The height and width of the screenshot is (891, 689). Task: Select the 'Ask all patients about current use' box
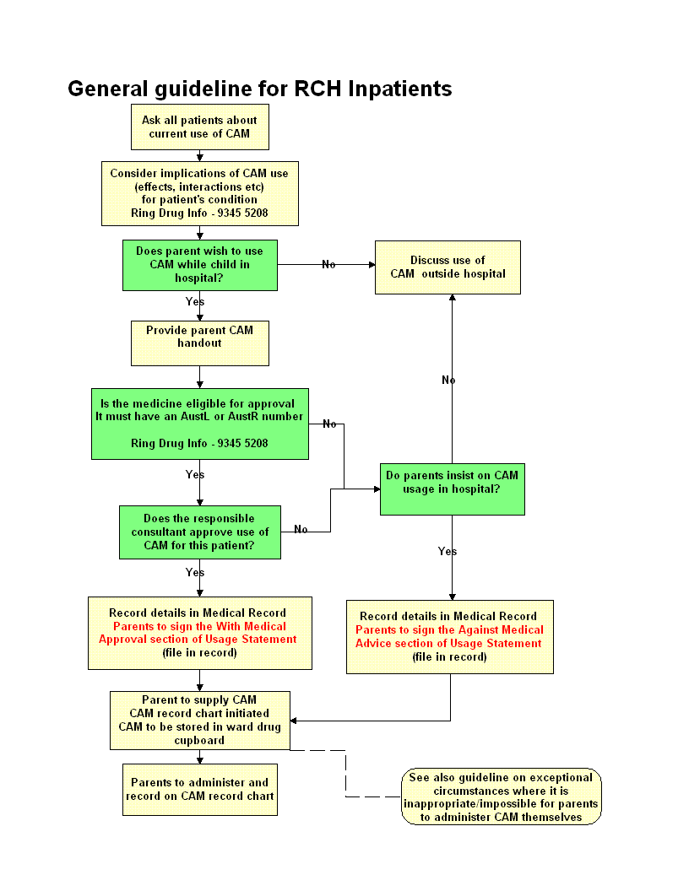tap(199, 127)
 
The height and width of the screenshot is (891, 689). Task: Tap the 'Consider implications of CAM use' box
tap(199, 193)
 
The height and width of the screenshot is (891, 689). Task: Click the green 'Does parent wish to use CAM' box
tap(199, 264)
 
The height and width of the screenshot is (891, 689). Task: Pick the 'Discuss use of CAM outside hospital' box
tap(448, 267)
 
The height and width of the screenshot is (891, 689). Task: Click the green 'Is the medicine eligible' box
tap(199, 424)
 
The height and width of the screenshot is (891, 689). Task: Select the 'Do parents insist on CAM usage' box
tap(452, 489)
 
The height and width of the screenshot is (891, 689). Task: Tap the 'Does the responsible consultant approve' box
tap(199, 532)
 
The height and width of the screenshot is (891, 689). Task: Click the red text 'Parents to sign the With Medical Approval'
tap(199, 633)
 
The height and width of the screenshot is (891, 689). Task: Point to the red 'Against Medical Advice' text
tap(449, 637)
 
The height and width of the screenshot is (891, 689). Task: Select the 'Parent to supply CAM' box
tap(199, 720)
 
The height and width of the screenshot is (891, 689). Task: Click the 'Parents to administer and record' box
tap(199, 790)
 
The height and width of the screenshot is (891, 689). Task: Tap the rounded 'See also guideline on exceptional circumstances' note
tap(501, 796)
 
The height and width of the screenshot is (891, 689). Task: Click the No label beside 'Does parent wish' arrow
tap(328, 265)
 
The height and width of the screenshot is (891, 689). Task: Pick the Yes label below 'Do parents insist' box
tap(448, 552)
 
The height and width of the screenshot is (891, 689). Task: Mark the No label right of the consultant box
tap(301, 530)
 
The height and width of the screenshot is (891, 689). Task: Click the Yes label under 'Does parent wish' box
tap(195, 302)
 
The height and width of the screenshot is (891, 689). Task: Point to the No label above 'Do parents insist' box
tap(448, 381)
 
